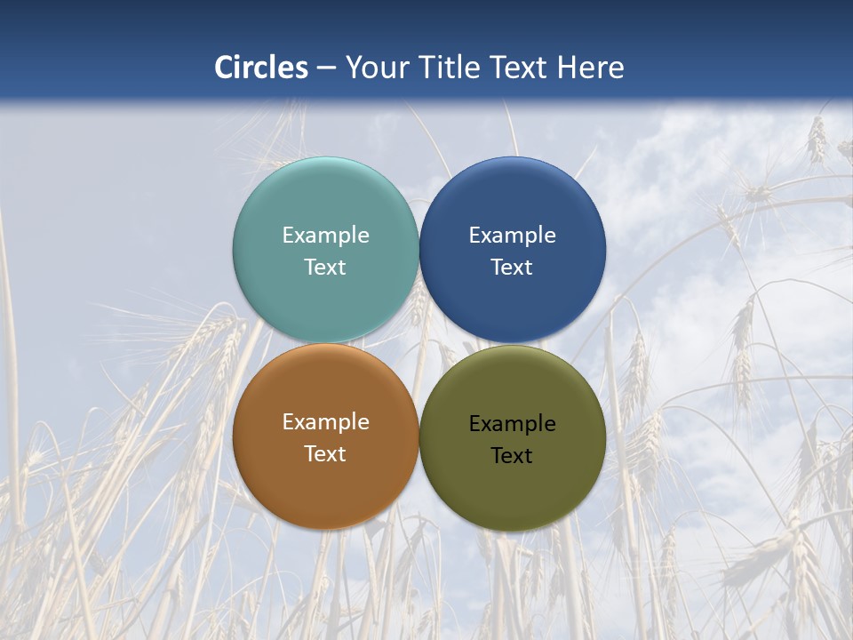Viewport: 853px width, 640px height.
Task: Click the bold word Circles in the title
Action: click(x=261, y=68)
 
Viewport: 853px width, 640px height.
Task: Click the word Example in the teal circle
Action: click(x=325, y=236)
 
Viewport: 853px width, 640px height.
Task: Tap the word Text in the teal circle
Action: click(x=325, y=268)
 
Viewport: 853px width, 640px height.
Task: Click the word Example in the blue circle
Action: click(x=512, y=236)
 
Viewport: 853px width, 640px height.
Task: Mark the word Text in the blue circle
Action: click(x=512, y=268)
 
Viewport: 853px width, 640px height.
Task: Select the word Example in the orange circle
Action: click(x=325, y=422)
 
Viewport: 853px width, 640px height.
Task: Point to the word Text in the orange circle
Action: click(x=325, y=454)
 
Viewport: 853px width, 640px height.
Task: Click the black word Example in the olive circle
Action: click(x=512, y=424)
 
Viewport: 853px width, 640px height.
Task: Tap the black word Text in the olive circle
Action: click(x=512, y=456)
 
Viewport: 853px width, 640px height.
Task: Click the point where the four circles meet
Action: click(x=419, y=343)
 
